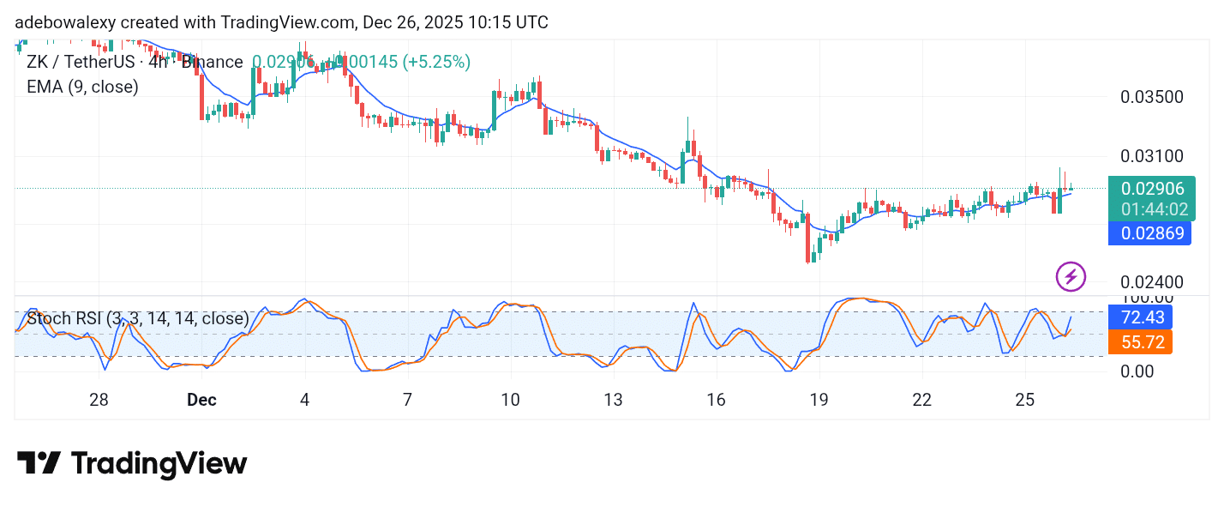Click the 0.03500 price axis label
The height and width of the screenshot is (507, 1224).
click(1152, 97)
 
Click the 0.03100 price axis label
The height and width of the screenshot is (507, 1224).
click(1152, 157)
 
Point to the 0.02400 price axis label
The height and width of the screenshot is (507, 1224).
click(1152, 282)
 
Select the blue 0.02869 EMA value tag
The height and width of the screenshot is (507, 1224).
click(1149, 232)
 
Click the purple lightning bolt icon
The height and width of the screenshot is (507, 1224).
click(1071, 276)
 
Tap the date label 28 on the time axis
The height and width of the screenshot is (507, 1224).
click(99, 400)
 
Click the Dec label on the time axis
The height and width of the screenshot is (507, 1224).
click(201, 400)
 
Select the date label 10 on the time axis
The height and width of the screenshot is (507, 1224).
click(510, 400)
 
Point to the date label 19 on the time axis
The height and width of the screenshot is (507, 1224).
click(819, 400)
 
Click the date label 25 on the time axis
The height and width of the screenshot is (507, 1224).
click(1024, 400)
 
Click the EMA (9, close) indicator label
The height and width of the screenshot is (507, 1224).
click(82, 86)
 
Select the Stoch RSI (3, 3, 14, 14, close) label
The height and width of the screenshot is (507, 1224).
click(138, 319)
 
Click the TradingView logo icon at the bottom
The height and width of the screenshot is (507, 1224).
click(39, 463)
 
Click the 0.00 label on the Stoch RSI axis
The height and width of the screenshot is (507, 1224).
click(1138, 371)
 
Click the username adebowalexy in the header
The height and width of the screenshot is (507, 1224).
click(65, 22)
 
